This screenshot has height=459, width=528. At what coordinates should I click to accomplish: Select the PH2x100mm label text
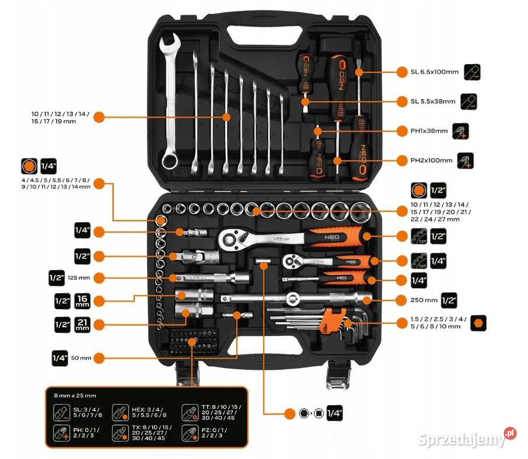point(431,160)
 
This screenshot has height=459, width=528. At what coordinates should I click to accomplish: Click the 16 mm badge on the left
point(82,301)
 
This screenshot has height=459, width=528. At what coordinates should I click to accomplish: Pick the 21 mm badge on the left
point(82,325)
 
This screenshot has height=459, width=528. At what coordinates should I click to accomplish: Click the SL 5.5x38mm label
point(433,101)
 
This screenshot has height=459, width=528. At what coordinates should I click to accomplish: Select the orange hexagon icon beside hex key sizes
point(478,322)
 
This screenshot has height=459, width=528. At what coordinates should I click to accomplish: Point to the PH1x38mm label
point(429,131)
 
